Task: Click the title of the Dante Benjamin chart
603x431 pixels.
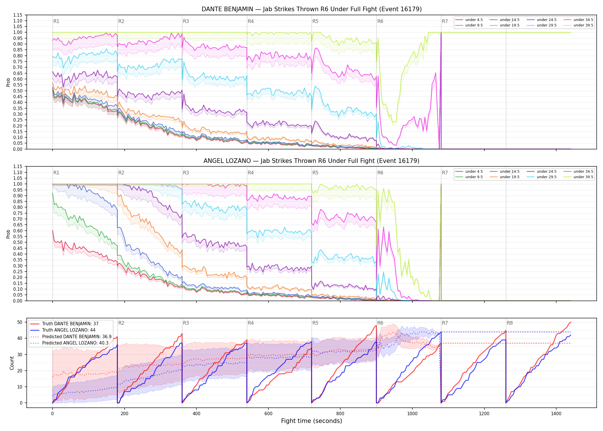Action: [x=312, y=9]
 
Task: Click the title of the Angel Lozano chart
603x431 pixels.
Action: [x=312, y=161]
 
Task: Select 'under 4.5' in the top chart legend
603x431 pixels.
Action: [x=474, y=20]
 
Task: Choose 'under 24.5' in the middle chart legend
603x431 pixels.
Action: [x=547, y=172]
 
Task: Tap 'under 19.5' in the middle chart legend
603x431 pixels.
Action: [x=510, y=177]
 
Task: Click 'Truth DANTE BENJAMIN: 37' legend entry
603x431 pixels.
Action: [x=70, y=324]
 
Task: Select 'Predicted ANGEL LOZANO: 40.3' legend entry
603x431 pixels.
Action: [x=75, y=343]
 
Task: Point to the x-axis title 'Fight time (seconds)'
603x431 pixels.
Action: [x=312, y=421]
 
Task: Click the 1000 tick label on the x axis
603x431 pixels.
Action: [x=412, y=414]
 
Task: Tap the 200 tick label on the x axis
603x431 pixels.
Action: [x=124, y=414]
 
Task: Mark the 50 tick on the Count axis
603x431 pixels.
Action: [x=20, y=322]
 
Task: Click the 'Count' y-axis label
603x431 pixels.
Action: [x=12, y=363]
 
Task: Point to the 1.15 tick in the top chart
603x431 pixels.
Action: [x=18, y=15]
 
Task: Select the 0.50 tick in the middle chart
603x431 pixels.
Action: [x=18, y=243]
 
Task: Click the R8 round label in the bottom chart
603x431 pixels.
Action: [x=510, y=323]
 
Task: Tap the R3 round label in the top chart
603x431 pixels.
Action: [x=186, y=21]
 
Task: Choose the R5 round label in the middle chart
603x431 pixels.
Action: [x=316, y=173]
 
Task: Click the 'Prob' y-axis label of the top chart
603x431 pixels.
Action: [x=8, y=82]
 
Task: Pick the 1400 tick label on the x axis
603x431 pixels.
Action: [x=556, y=414]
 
